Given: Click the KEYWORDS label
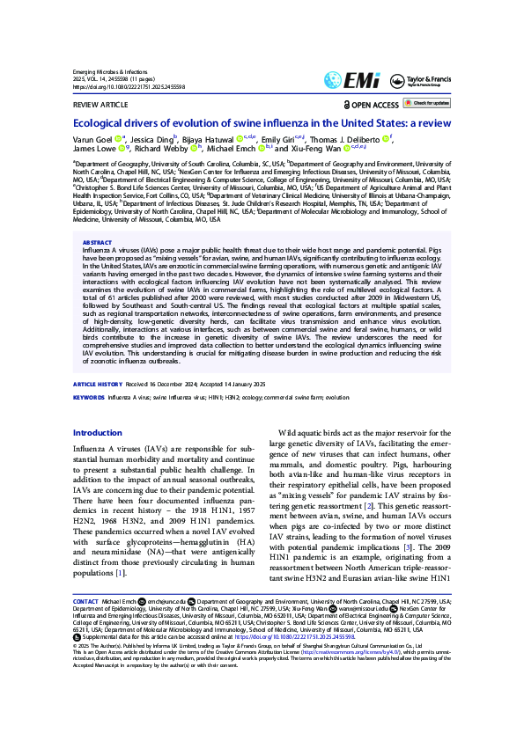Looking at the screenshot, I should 88,398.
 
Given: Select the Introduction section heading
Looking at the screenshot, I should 97,433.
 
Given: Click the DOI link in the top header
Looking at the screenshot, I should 128,88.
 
